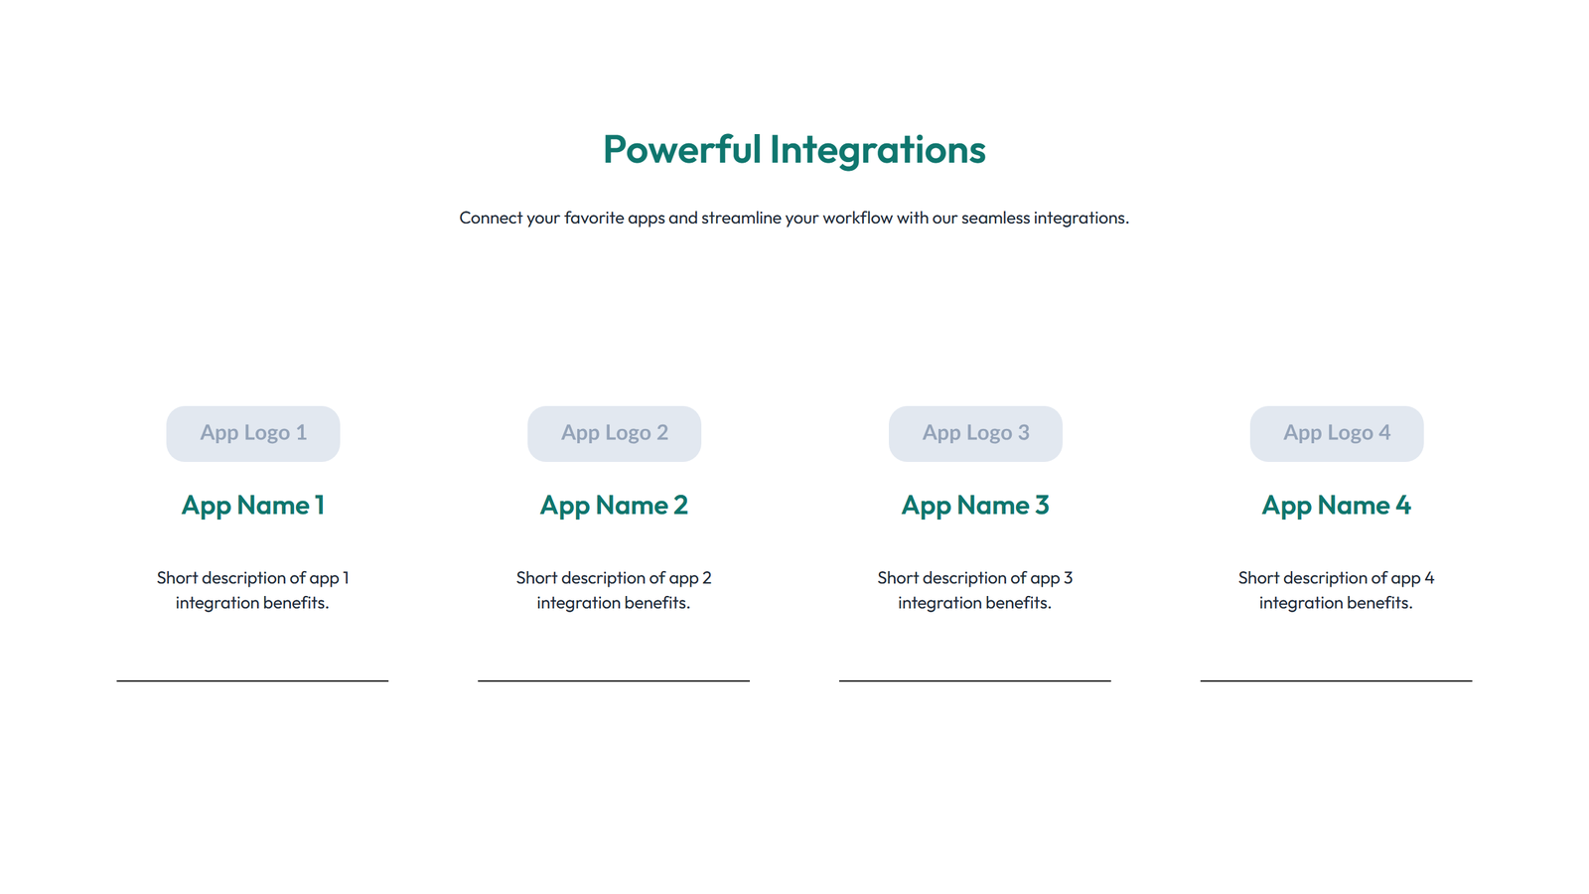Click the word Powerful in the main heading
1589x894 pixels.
tap(681, 150)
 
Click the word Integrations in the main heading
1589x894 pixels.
tap(877, 150)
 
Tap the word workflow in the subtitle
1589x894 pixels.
tap(857, 218)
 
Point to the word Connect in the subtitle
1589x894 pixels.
tap(491, 218)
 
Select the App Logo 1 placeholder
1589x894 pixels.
tap(253, 433)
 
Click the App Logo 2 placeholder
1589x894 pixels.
tap(614, 433)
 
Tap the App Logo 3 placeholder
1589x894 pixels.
tap(975, 433)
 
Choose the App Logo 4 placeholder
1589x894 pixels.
tap(1336, 433)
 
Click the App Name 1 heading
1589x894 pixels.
tap(253, 506)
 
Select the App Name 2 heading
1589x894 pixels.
tap(614, 506)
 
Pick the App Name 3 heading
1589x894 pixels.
tap(975, 506)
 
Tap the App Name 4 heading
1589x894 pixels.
tap(1336, 506)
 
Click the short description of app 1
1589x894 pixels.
tap(253, 590)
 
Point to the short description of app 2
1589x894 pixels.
tap(614, 590)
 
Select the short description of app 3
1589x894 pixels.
tap(975, 590)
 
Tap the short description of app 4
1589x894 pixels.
tap(1336, 590)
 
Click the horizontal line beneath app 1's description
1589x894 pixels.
tap(252, 680)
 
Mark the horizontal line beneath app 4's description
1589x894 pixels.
tap(1336, 680)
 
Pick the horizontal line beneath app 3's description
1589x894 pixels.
tap(974, 680)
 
